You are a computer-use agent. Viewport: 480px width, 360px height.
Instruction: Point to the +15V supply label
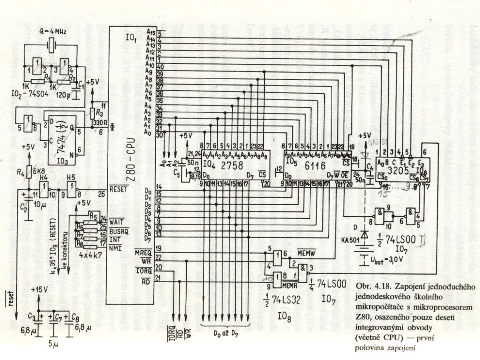[40, 289]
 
